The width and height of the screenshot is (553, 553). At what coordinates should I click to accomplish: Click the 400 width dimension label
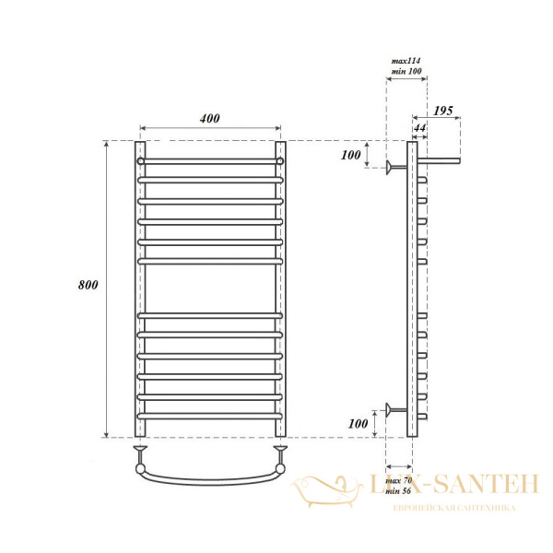click(209, 119)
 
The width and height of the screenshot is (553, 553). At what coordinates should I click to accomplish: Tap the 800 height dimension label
click(88, 285)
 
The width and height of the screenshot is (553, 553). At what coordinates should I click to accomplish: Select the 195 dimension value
click(443, 111)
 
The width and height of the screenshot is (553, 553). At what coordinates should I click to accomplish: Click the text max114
click(406, 59)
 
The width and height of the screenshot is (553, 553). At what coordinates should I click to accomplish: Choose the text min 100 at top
click(406, 70)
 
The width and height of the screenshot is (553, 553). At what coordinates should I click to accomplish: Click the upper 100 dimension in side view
click(350, 155)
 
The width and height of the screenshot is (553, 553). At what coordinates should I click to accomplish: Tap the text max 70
click(400, 481)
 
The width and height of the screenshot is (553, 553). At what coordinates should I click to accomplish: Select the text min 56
click(400, 492)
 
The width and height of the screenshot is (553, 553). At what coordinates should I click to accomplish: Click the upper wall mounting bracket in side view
click(397, 167)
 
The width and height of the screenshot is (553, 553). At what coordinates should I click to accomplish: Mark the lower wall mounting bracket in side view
click(397, 409)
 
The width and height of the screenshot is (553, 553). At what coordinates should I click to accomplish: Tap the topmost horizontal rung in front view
click(210, 160)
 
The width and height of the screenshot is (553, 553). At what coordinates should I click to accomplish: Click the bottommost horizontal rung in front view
click(210, 418)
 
